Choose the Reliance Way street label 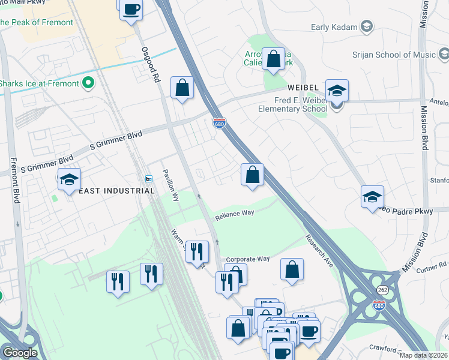click(x=235, y=213)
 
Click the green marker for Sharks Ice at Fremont click(x=88, y=83)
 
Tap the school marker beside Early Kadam click(x=366, y=27)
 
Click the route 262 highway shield click(x=379, y=289)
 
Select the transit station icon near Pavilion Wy click(x=149, y=179)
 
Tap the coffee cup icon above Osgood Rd click(x=131, y=10)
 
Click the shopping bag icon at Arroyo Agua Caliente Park click(x=274, y=59)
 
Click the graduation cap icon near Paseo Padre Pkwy click(x=372, y=196)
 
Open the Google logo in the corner click(x=20, y=353)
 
